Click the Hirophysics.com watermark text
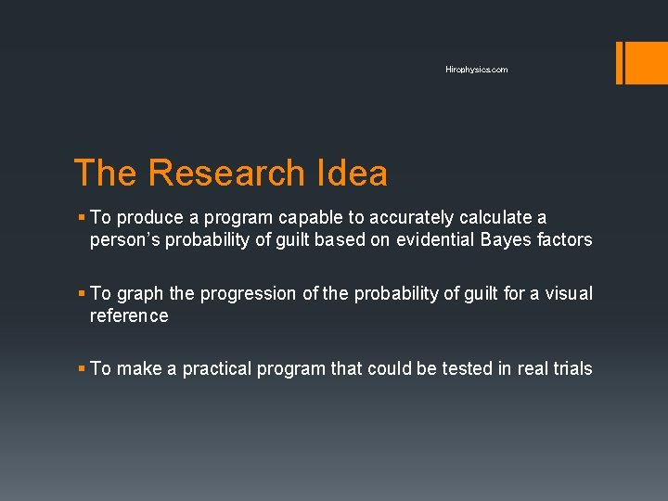click(x=476, y=70)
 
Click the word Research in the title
click(x=225, y=173)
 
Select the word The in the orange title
click(x=105, y=173)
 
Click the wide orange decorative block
click(x=642, y=62)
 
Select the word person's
click(x=125, y=240)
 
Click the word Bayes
click(x=507, y=240)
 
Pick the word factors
click(x=564, y=240)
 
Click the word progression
click(x=250, y=294)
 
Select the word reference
click(x=129, y=316)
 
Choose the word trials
click(x=570, y=369)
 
